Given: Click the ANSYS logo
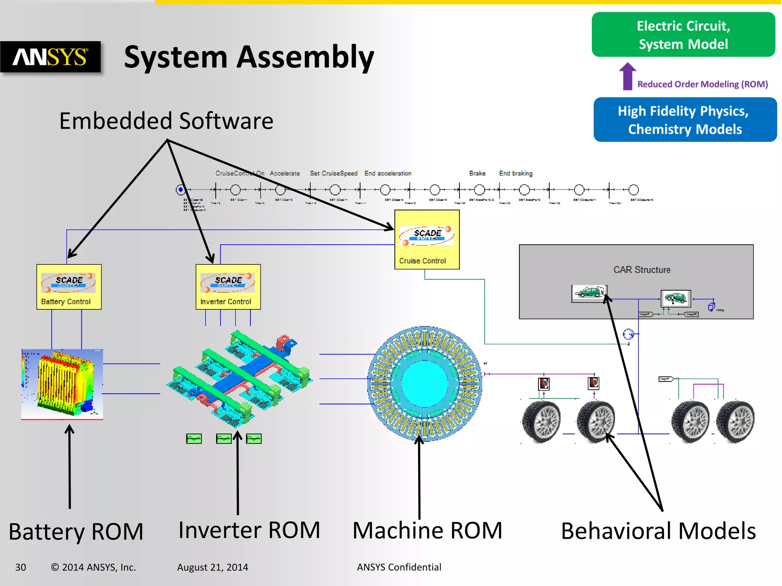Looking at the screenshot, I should coord(50,57).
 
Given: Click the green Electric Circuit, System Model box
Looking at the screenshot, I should coord(683,35).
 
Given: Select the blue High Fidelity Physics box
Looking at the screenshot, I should coord(685,120).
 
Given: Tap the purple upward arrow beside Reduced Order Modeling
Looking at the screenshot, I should coord(627,76).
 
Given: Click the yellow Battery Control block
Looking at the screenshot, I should coord(69,287).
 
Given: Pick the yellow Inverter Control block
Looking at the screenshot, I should coord(228,287).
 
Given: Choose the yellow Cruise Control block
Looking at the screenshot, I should coord(427,240).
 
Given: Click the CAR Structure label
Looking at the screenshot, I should coord(641,270).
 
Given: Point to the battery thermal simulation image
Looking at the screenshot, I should coord(62,384).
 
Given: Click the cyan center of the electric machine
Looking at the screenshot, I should coord(424,383).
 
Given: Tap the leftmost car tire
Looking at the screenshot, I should coord(541,422).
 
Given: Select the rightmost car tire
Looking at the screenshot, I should coord(735,422).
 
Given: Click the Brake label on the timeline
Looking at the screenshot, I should coord(477,173).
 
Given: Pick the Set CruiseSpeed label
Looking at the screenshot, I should coord(333,173).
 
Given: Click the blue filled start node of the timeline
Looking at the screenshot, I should coord(181,190).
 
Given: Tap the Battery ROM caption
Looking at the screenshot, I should coord(76,531).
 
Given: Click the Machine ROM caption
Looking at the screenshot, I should coord(427,530).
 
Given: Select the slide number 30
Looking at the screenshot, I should coord(21,567).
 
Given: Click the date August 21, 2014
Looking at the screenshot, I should coord(212,567).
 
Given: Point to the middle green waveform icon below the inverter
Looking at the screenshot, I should coord(223,439).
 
